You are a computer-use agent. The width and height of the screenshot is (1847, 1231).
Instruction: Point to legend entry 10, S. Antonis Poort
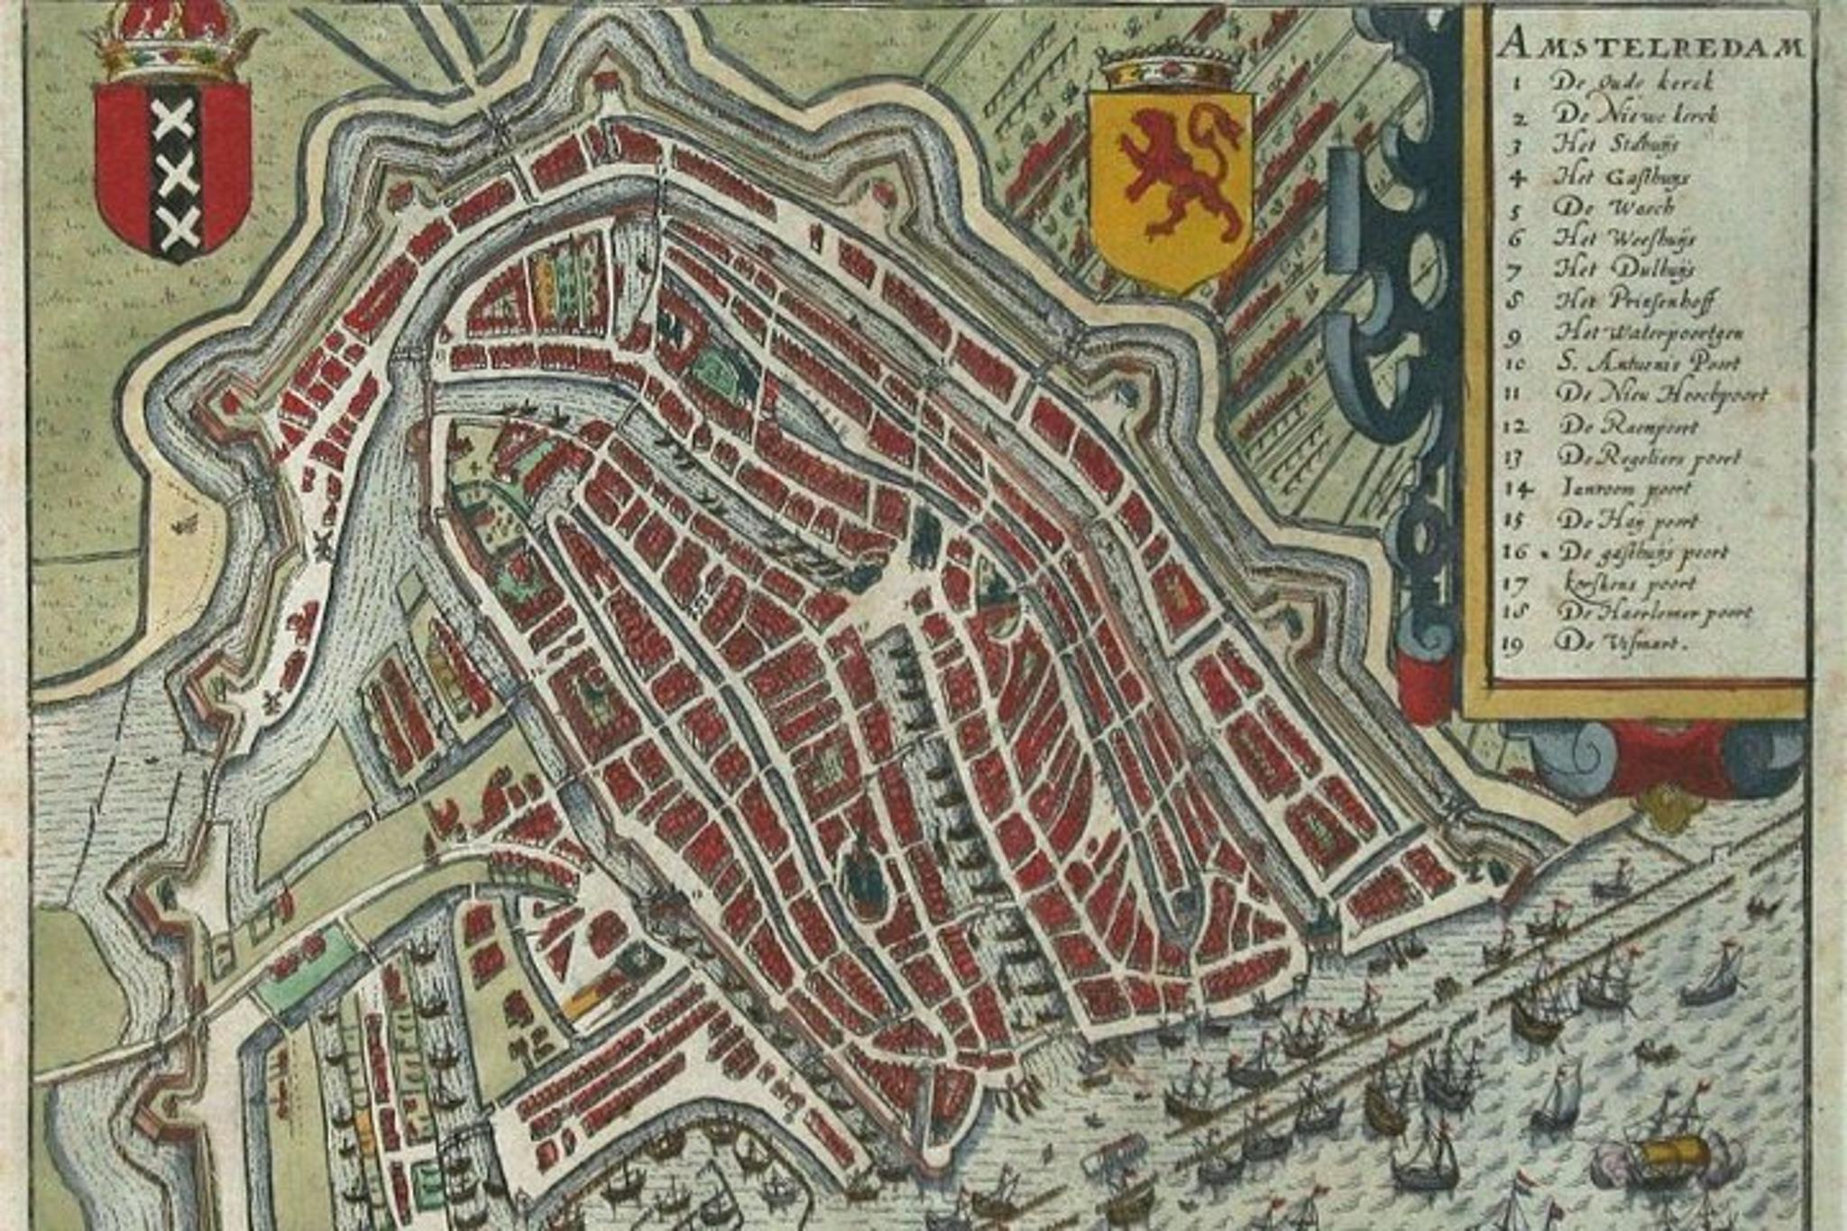[x=1647, y=363]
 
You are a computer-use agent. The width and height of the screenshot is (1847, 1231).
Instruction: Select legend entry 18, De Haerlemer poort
[x=1654, y=612]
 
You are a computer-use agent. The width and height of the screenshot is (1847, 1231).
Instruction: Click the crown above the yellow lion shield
[x=1170, y=66]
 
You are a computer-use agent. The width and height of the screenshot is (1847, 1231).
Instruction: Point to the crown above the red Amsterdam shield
[x=171, y=41]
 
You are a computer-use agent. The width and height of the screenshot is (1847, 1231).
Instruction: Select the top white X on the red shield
[x=175, y=120]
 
